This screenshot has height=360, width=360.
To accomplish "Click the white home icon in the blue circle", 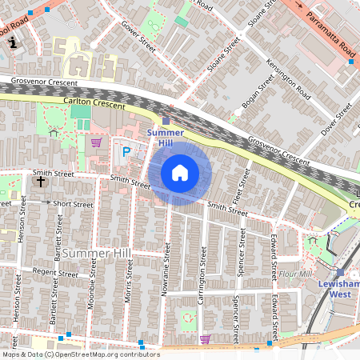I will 180,172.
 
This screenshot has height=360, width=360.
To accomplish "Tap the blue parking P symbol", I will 126,151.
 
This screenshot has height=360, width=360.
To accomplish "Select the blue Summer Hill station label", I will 166,137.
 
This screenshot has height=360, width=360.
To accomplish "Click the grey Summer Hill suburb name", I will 96,253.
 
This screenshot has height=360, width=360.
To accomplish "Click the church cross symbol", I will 40,181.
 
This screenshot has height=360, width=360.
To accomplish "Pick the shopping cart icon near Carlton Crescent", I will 97,142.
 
